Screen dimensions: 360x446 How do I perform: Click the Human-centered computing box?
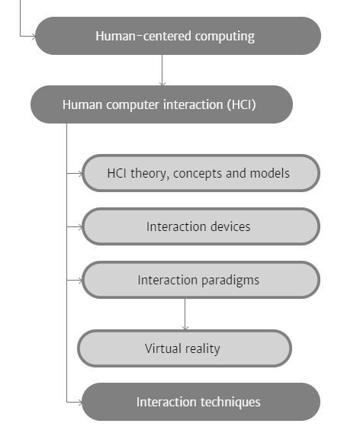pos(178,36)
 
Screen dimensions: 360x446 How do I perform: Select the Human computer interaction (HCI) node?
pos(162,104)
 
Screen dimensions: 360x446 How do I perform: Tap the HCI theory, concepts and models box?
pos(201,173)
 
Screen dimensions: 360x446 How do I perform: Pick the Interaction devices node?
pos(201,226)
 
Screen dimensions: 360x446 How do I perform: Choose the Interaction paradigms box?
pos(201,280)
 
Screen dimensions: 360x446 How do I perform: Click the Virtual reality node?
pos(185,348)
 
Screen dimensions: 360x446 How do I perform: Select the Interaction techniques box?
pos(201,402)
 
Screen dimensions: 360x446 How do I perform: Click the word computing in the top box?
pos(225,37)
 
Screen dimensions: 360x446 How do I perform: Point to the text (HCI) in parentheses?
pos(241,104)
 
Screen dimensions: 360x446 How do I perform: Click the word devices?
pos(230,226)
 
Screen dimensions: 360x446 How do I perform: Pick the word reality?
pos(203,349)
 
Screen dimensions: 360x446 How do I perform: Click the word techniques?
pos(230,403)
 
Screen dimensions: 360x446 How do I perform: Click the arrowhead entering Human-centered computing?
pos(34,36)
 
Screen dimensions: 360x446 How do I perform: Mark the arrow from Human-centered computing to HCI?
pos(162,70)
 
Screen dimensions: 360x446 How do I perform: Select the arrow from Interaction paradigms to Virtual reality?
pos(185,314)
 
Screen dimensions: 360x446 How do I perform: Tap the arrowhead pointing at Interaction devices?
pos(80,226)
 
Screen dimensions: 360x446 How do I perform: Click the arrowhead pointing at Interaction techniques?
pos(80,402)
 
